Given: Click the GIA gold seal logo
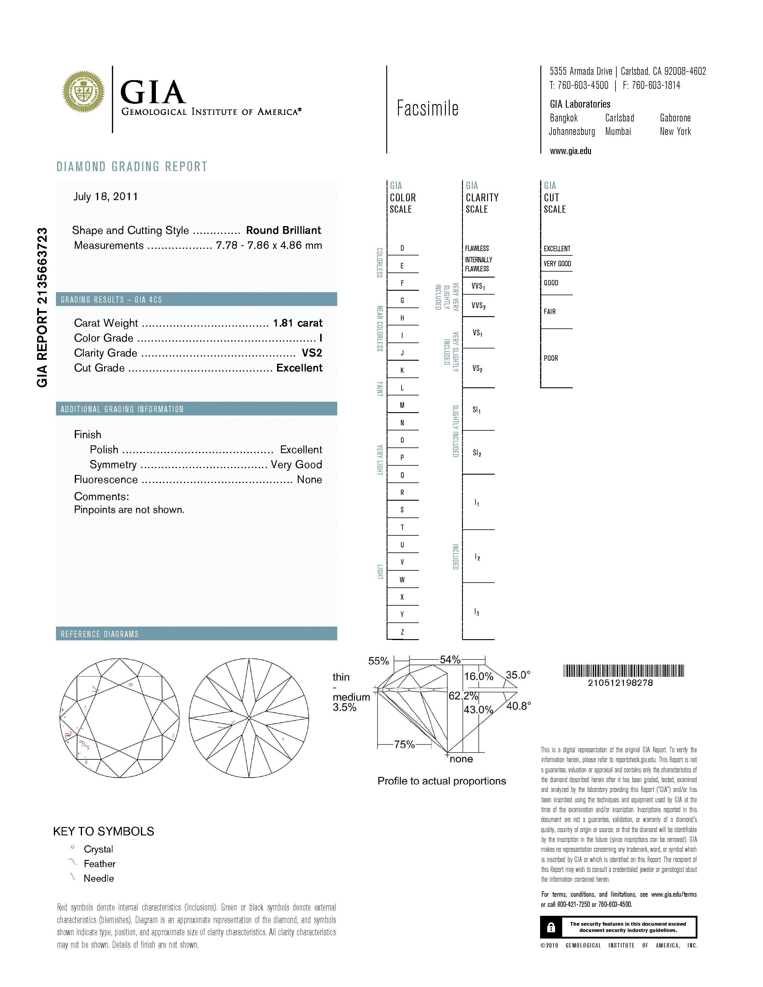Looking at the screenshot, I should [83, 92].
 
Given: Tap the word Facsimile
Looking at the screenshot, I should [428, 109].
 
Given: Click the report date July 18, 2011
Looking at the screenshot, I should [106, 197].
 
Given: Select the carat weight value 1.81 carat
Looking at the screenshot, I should [297, 323].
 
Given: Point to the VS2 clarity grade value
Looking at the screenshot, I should [312, 353].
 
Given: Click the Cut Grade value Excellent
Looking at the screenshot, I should [299, 368].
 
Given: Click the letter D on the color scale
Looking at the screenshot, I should [402, 248].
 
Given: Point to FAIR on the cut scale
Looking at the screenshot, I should [550, 311].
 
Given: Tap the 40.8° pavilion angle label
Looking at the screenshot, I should [519, 706].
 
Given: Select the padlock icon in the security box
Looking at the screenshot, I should [551, 927].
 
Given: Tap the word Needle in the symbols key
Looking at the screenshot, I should [98, 878].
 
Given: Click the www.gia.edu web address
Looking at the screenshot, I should [570, 151].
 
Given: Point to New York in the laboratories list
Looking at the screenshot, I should [675, 132].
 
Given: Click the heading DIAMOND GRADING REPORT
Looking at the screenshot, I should [132, 167].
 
